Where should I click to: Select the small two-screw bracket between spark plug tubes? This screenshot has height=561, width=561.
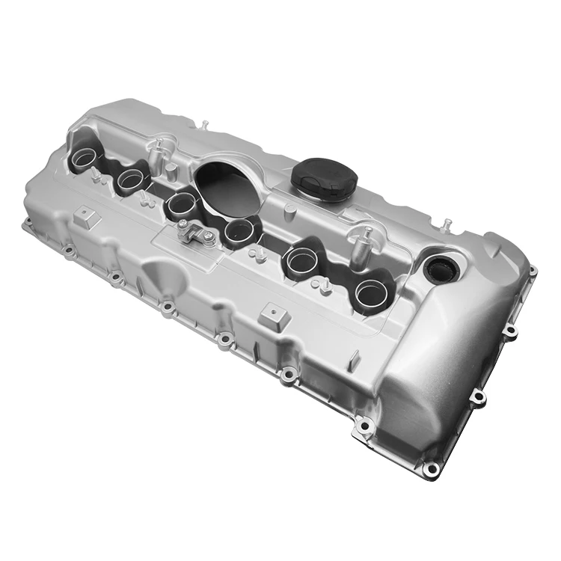click(195, 232)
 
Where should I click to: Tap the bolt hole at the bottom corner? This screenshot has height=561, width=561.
click(430, 469)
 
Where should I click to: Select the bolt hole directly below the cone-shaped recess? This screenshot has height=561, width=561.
click(166, 307)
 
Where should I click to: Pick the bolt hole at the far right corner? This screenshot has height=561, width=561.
click(532, 272)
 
